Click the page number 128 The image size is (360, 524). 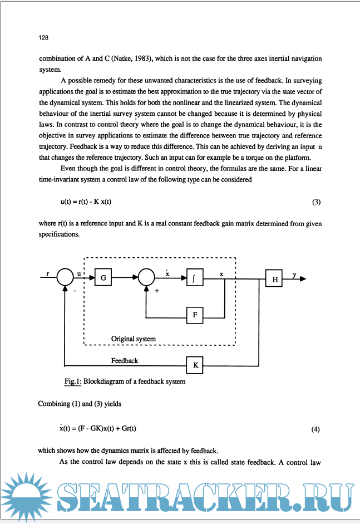pos(42,38)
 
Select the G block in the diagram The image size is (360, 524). pos(103,277)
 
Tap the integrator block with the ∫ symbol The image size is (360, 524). pos(194,277)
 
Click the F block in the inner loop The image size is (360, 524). pos(195,315)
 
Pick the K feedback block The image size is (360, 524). pos(195,366)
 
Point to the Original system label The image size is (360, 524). pos(134,339)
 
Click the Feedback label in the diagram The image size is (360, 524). pos(125,361)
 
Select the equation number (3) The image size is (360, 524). pos(317,201)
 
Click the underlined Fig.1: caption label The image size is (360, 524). pos(73,382)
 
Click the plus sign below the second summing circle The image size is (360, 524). pos(157,291)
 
